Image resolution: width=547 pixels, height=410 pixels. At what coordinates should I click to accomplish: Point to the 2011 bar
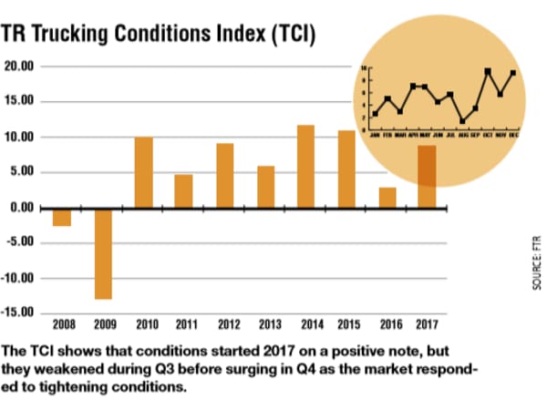coord(183,191)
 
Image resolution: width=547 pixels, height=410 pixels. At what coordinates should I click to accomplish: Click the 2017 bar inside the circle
coord(427,177)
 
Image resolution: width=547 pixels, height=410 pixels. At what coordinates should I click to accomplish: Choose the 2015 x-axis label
coord(346,324)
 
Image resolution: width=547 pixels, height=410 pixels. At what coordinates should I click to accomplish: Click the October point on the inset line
coord(489,71)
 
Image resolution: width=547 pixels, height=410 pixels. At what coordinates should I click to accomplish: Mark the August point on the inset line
coord(463,120)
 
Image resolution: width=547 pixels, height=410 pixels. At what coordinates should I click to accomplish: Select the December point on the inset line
coord(513,73)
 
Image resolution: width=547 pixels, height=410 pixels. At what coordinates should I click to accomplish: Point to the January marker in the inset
coord(375,114)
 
